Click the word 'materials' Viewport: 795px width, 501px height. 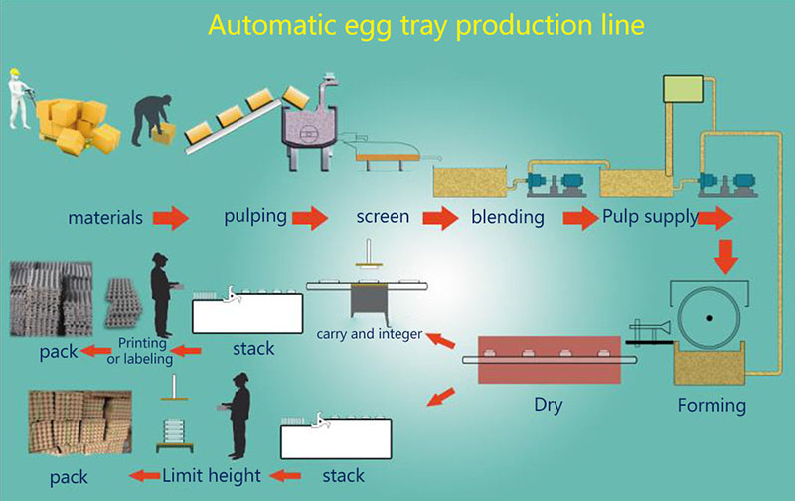[105, 218]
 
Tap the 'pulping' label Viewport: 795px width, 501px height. [255, 216]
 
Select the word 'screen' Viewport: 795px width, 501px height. [383, 217]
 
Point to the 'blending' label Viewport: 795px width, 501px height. [508, 217]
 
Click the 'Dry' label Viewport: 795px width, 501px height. [549, 405]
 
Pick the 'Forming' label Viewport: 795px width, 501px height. [712, 406]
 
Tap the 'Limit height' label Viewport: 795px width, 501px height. [212, 475]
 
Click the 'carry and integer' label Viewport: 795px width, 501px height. [369, 334]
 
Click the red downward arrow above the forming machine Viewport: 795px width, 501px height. [725, 256]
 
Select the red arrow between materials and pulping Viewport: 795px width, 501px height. [171, 218]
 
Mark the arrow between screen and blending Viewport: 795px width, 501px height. [440, 218]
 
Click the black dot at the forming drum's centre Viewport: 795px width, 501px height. [709, 318]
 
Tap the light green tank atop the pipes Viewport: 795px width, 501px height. [683, 88]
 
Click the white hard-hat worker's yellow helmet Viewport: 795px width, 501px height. [15, 73]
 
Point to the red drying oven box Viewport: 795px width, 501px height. [550, 359]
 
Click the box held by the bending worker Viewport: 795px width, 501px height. [164, 134]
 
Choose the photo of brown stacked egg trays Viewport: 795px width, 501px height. [79, 421]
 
